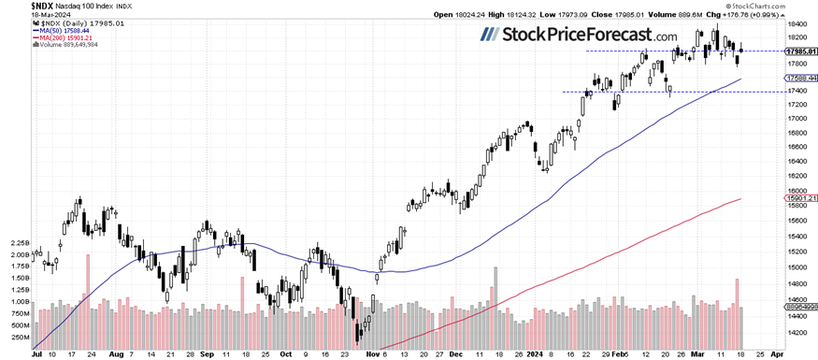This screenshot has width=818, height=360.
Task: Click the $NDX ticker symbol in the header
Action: pos(17,6)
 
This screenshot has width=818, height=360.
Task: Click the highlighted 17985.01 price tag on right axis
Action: pos(799,50)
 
